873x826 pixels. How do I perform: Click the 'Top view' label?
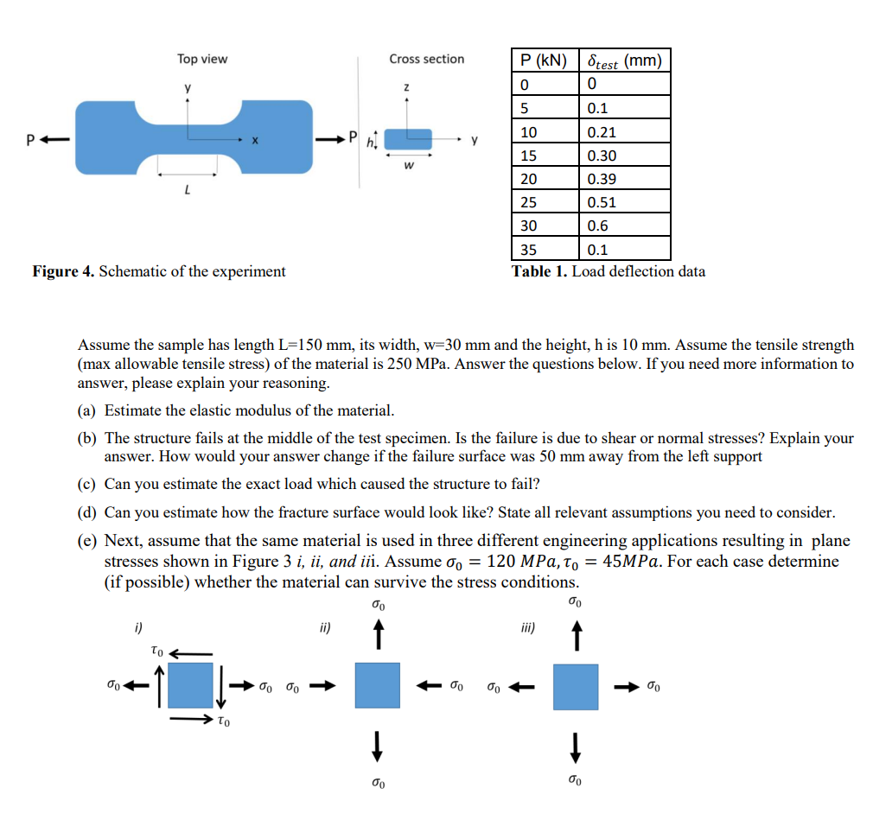click(x=202, y=59)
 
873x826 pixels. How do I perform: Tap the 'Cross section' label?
click(x=426, y=59)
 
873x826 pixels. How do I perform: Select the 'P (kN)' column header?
click(x=544, y=60)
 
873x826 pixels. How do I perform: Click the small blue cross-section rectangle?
click(x=408, y=139)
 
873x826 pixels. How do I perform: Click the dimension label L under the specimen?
click(x=188, y=188)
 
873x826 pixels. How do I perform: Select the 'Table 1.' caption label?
click(x=539, y=271)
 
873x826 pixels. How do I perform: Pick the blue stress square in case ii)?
click(x=377, y=685)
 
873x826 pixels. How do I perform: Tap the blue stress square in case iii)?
click(x=576, y=687)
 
